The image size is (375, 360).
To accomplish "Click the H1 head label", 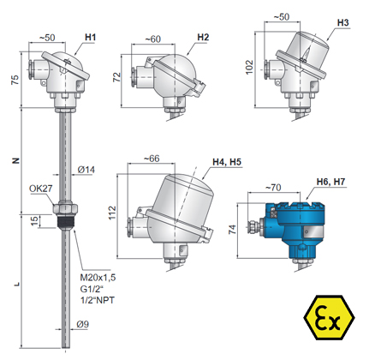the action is coord(90,38).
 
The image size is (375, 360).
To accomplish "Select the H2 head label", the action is coord(203,38).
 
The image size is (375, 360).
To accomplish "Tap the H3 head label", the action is coord(342,22).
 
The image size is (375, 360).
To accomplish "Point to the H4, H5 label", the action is coord(227,162).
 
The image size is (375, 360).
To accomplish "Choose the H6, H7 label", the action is coord(330,182).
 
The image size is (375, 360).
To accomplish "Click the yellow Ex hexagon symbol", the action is coord(329,317).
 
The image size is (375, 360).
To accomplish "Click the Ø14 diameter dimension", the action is coord(86,170).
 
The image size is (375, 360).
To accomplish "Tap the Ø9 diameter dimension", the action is coord(83,324).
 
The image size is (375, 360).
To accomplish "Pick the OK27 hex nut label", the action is coord(41,189).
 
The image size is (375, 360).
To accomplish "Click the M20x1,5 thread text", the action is coord(98,278).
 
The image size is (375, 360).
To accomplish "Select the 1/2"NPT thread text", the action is coord(98,300).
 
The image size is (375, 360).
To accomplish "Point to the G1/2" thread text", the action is coord(92,289).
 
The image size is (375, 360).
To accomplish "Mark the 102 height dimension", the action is coord(249,67).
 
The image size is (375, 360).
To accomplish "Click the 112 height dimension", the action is coord(112,213).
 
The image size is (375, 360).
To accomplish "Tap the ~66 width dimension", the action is coord(152,159).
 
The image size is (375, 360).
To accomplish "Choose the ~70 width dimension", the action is coord(273,188).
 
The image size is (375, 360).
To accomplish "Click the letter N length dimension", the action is coord(16,160).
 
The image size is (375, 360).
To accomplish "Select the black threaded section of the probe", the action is coord(65,221).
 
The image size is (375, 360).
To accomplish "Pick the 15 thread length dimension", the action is coord(34,221).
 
